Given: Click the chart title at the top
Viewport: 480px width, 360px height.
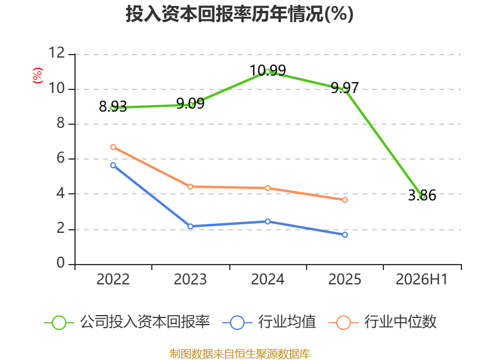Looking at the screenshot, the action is (239, 14).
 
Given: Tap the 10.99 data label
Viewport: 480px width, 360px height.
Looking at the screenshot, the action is (268, 70).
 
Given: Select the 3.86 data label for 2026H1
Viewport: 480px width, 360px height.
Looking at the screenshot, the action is (422, 196).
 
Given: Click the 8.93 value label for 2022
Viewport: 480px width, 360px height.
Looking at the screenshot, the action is (113, 107).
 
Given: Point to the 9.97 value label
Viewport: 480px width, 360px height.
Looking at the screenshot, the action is (344, 88).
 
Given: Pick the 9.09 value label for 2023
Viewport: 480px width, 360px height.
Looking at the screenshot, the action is (190, 103).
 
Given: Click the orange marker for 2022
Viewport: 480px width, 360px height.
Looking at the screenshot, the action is (113, 147).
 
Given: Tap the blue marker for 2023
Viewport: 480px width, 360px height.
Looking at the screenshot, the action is (190, 226).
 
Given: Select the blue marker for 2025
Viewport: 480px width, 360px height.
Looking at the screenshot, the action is (344, 235).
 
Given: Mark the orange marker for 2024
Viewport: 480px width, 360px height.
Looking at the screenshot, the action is (268, 188).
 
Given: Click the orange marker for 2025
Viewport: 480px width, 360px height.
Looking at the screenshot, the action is (344, 200).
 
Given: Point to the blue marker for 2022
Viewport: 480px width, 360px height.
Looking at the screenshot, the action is (113, 166).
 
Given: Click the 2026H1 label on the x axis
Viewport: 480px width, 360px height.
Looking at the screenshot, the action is (422, 280).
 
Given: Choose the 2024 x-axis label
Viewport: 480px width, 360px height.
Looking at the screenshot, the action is (268, 280).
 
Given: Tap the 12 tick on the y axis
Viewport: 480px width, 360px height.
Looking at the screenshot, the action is (56, 53).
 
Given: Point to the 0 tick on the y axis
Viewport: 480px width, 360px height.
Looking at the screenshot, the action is (61, 263).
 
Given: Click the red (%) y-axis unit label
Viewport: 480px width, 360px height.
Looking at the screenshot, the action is (38, 76).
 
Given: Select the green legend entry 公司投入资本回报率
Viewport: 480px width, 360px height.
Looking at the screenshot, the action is (127, 322).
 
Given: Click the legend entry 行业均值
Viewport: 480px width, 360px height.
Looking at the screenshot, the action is (269, 322).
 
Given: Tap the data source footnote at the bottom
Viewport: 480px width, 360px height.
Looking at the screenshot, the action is (240, 354).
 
